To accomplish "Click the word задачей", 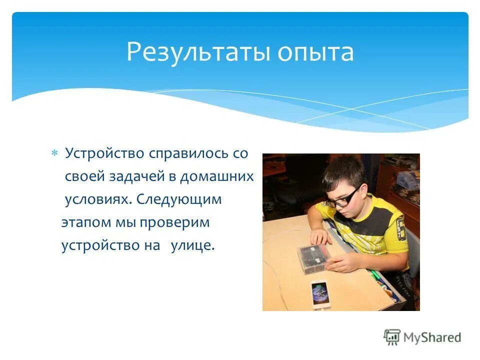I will [131, 176].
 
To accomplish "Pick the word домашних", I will [217, 176].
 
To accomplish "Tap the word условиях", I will [98, 199].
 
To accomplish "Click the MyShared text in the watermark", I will [432, 337].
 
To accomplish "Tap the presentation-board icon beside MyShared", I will [392, 337].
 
